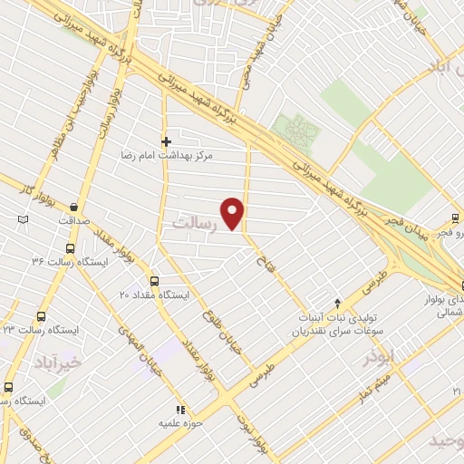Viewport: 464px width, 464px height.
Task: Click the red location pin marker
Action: point(234,214)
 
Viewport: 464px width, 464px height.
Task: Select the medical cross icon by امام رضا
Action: point(166,141)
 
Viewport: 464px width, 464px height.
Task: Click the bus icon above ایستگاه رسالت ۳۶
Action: point(71,248)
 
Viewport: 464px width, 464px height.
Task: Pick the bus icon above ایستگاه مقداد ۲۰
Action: point(154,281)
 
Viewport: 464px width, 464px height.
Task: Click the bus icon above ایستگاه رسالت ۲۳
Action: point(40,316)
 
